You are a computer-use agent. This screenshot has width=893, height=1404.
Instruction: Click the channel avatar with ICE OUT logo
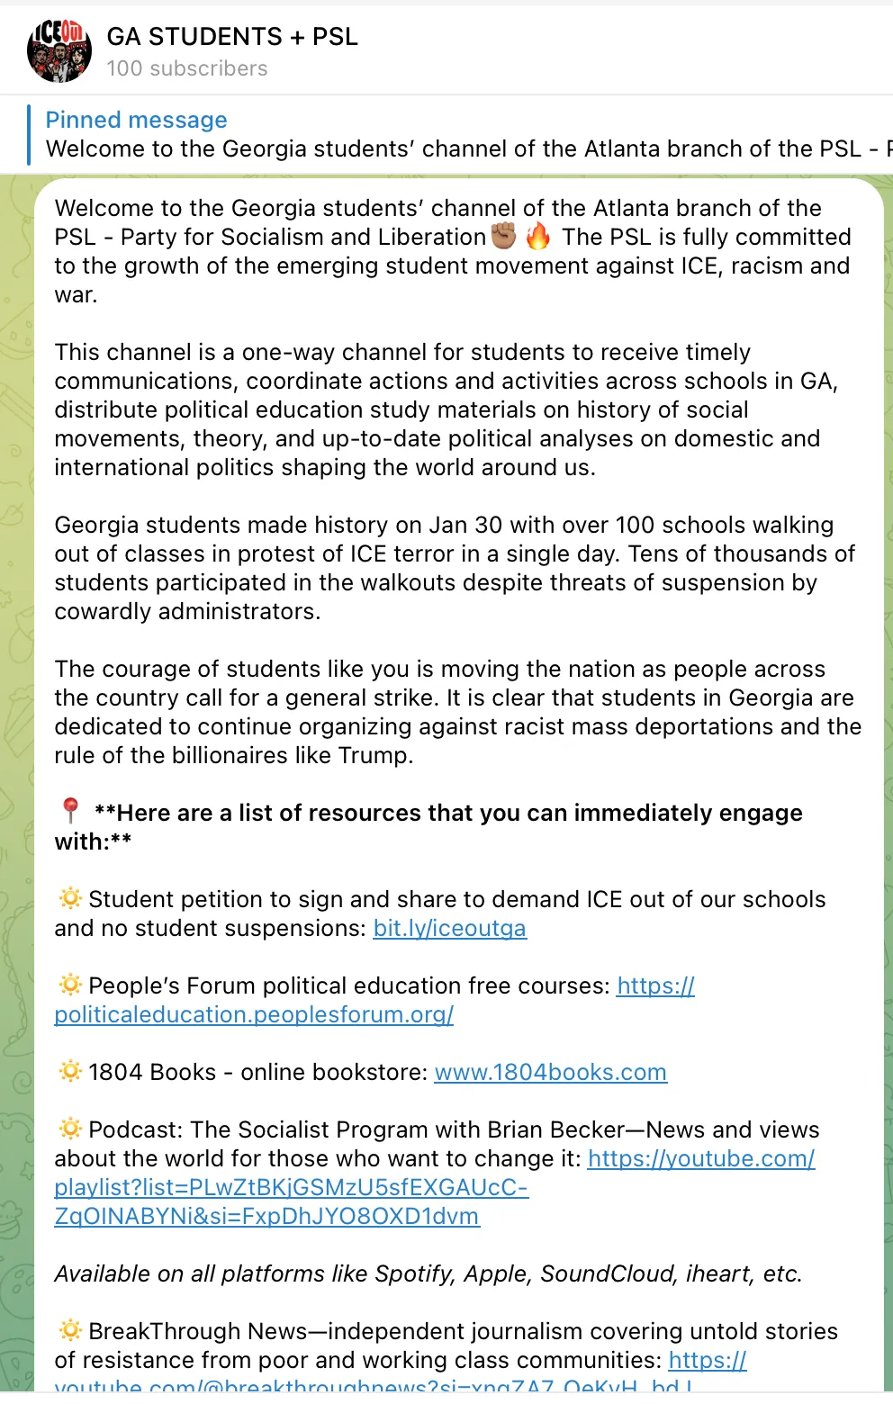click(x=59, y=50)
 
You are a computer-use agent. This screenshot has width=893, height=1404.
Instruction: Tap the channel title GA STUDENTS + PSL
click(x=232, y=37)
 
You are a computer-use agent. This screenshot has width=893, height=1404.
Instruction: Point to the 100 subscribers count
click(x=187, y=68)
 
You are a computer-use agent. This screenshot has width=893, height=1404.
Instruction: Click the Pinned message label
click(x=136, y=120)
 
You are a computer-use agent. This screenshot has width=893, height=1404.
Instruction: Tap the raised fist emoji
click(x=504, y=236)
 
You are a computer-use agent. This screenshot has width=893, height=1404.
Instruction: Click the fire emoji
click(x=538, y=236)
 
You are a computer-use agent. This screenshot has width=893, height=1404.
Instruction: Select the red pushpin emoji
click(x=70, y=812)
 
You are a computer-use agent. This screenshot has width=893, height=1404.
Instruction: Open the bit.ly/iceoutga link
click(x=449, y=928)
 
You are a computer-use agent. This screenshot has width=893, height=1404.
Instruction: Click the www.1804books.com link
click(x=550, y=1072)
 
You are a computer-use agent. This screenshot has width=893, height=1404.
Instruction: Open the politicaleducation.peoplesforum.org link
click(x=254, y=1014)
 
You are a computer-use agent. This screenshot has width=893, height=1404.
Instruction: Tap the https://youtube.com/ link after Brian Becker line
click(x=701, y=1158)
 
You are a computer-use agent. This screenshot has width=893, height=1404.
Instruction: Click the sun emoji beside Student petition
click(x=69, y=898)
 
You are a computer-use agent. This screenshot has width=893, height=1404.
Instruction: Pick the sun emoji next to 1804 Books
click(x=69, y=1071)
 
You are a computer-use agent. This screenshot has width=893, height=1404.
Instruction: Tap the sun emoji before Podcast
click(x=69, y=1129)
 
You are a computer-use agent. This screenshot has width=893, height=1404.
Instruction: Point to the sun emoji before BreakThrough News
click(x=69, y=1330)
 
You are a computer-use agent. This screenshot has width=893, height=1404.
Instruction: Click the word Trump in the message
click(x=374, y=755)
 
